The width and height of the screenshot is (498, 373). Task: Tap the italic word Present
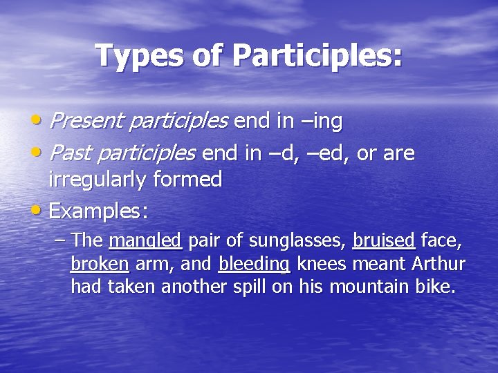coord(86,122)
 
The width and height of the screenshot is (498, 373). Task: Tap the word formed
coord(189,180)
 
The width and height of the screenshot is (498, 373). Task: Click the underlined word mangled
coord(145,240)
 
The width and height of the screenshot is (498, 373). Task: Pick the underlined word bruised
coord(384,240)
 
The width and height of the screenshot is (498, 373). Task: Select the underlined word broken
coord(100,264)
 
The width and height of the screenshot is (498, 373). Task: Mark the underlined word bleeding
coord(254,264)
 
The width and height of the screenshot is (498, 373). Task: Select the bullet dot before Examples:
coord(40,210)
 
